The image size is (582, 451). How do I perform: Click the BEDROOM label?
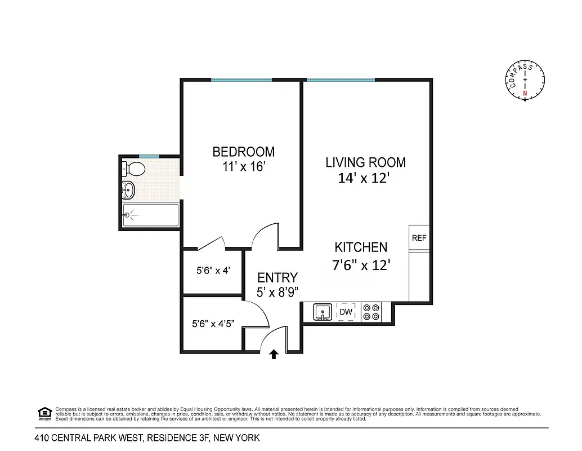[243, 152]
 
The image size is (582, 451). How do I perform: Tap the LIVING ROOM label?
[365, 162]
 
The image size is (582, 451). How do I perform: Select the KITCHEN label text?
[361, 247]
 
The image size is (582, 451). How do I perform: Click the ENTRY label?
[277, 277]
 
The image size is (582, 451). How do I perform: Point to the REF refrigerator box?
[419, 238]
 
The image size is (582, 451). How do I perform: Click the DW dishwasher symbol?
[346, 312]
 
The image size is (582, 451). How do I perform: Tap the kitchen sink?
[323, 312]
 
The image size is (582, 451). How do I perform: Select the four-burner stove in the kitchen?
[371, 312]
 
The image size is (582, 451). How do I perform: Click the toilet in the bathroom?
[134, 168]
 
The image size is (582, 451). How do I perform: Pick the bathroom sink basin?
[129, 191]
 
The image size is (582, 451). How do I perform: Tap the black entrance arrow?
[274, 354]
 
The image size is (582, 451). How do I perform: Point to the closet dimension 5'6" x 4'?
[213, 270]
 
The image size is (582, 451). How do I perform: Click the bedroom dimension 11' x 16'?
[243, 167]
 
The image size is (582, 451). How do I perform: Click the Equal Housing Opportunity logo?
[44, 413]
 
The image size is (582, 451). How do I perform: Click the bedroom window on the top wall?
[241, 80]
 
